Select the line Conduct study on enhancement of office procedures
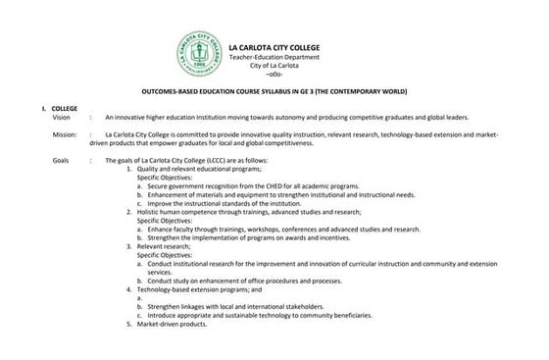(x=243, y=281)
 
